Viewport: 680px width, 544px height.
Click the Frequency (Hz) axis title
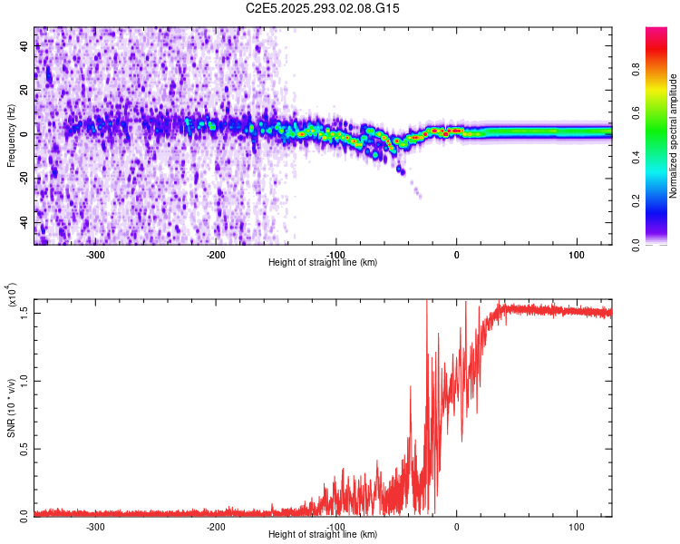pyautogui.click(x=11, y=136)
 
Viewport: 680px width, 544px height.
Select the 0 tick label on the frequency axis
pyautogui.click(x=24, y=134)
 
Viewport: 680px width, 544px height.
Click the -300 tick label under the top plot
pyautogui.click(x=96, y=255)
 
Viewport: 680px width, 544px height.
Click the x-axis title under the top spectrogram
pyautogui.click(x=323, y=263)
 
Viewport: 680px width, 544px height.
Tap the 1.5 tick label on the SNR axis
pyautogui.click(x=24, y=311)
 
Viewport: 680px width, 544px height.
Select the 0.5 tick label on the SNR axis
pyautogui.click(x=24, y=447)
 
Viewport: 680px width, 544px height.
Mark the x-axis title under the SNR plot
pyautogui.click(x=323, y=535)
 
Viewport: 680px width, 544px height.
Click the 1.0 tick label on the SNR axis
pyautogui.click(x=24, y=379)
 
